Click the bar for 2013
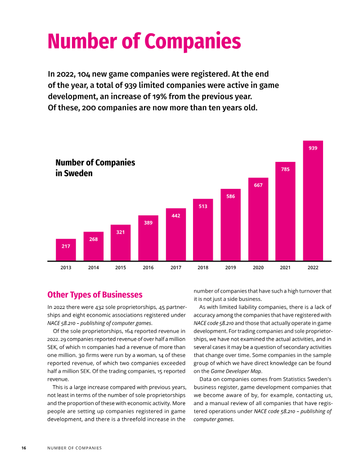66,250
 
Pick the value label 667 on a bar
258,185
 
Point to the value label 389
148,223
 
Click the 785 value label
285,169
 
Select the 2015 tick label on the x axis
121,268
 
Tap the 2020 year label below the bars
258,268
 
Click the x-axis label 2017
175,268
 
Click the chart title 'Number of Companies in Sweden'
95,168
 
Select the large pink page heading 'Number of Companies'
144,41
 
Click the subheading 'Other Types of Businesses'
94,295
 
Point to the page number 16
24,448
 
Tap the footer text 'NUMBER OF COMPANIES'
74,448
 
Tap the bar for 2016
148,238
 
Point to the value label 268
93,239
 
